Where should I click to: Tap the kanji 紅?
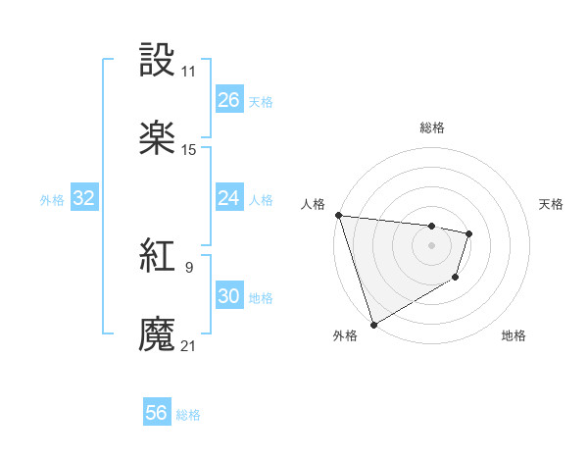click(158, 257)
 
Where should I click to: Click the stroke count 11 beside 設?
click(189, 72)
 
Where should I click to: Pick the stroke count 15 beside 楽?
click(189, 150)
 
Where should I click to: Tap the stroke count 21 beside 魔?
click(189, 345)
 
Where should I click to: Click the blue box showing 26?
click(229, 100)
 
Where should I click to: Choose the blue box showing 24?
click(229, 198)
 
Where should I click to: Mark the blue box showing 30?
click(229, 296)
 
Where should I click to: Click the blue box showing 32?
click(84, 198)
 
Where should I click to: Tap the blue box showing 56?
click(157, 413)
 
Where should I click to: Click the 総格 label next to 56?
click(188, 415)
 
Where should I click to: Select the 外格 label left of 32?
click(52, 200)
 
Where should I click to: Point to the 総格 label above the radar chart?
click(432, 128)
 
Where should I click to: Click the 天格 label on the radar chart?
click(552, 204)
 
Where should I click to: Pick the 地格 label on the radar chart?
click(514, 335)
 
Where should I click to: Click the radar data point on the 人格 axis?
click(338, 215)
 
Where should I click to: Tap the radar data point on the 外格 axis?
click(373, 324)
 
